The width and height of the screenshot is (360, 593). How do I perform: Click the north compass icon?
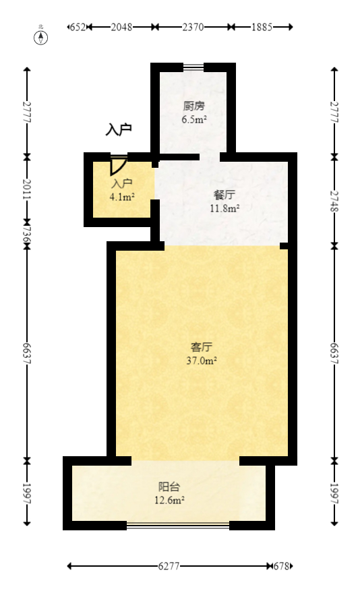(42, 37)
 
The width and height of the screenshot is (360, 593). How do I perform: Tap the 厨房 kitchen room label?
(193, 106)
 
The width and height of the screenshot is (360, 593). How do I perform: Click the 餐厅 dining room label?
(224, 195)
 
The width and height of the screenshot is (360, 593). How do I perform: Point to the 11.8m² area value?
(224, 208)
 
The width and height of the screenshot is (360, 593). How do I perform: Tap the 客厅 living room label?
(202, 347)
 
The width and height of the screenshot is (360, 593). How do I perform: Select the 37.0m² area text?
(202, 361)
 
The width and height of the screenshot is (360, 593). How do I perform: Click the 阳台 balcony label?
(169, 487)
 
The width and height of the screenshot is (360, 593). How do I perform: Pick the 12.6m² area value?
(169, 500)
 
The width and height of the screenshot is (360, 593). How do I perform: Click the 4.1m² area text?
(122, 197)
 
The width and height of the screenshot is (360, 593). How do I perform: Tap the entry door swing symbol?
(118, 166)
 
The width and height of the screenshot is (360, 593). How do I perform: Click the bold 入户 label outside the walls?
(119, 130)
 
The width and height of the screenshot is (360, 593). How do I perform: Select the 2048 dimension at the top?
(121, 27)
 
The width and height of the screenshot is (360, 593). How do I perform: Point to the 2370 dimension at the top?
(193, 27)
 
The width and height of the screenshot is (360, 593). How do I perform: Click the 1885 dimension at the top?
(262, 27)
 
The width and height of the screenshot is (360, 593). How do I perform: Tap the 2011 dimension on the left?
(27, 189)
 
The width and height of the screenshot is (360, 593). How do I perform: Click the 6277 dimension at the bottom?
(169, 567)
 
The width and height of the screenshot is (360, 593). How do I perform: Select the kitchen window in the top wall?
(193, 67)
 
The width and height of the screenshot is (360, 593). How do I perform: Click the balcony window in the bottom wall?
(177, 525)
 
